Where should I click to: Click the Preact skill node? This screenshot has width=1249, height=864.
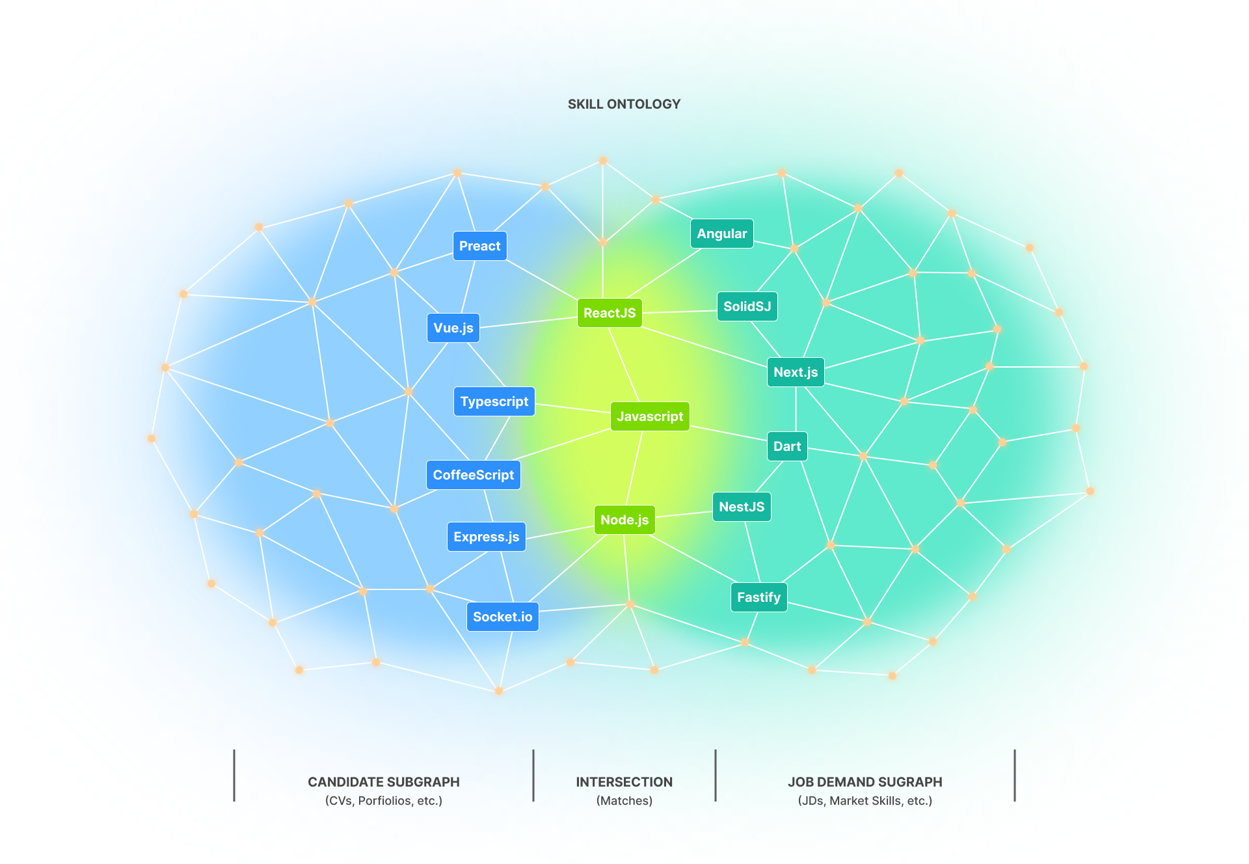(479, 246)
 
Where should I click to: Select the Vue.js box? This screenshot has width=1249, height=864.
(453, 328)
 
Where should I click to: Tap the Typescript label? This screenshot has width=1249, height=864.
(494, 401)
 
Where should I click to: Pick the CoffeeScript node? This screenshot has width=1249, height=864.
(474, 475)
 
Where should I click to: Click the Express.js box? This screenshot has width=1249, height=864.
(487, 537)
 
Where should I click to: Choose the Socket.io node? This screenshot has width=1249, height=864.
(502, 617)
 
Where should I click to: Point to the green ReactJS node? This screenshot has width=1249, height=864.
(610, 313)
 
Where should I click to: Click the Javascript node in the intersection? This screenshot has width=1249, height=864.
(650, 416)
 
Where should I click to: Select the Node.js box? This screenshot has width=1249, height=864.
(624, 520)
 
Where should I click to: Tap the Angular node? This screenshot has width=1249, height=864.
(722, 234)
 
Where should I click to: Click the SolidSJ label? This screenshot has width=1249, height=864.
(747, 306)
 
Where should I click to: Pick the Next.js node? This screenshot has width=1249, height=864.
(796, 372)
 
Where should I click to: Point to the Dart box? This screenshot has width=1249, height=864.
(787, 446)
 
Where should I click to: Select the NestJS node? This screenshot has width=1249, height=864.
(742, 507)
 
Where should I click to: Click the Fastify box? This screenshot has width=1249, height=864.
(759, 597)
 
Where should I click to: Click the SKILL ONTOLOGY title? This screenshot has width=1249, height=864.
(624, 104)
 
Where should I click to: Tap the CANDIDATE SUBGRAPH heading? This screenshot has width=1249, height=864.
(384, 782)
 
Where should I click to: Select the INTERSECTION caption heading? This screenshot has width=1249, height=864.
(624, 782)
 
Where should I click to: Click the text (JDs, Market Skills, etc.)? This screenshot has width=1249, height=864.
(865, 801)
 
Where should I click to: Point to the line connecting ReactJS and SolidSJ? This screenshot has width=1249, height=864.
(680, 312)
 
